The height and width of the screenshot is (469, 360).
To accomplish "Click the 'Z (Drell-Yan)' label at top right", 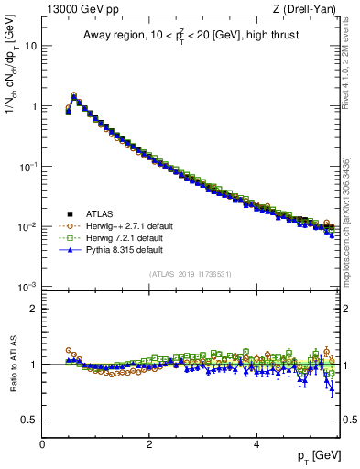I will (x=309, y=10).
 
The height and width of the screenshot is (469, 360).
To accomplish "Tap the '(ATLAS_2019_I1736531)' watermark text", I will (x=191, y=274).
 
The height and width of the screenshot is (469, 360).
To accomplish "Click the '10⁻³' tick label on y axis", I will (x=27, y=287).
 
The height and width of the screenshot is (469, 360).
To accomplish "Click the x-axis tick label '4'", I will (x=256, y=444).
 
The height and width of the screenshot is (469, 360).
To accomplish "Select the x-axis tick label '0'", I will (x=42, y=444).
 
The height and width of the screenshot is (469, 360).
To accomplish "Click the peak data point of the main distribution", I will (x=74, y=95).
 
